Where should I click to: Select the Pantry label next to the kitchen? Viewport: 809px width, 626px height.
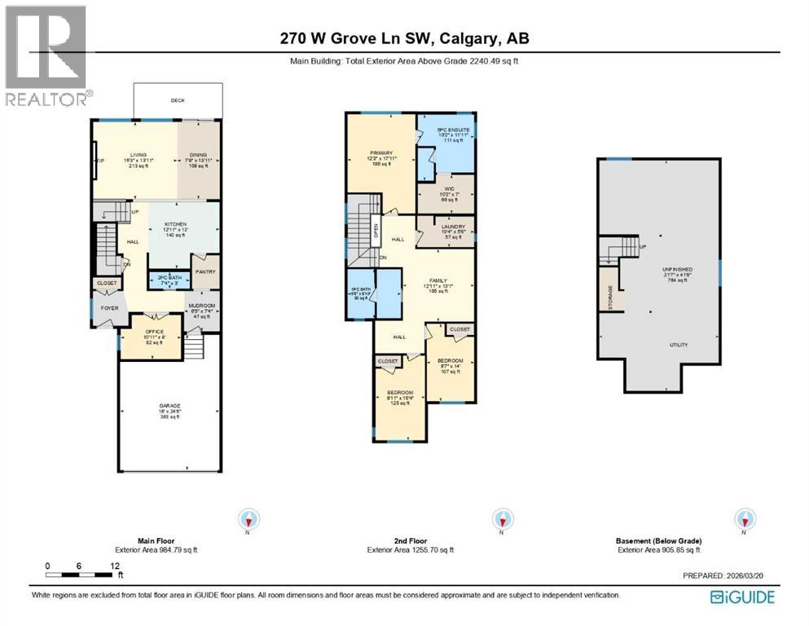coord(204,272)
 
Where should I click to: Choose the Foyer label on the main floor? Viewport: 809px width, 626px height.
coord(108,309)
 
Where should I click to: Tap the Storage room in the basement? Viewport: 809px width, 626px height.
coord(610,297)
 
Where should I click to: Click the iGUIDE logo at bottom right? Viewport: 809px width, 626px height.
coord(742,597)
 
